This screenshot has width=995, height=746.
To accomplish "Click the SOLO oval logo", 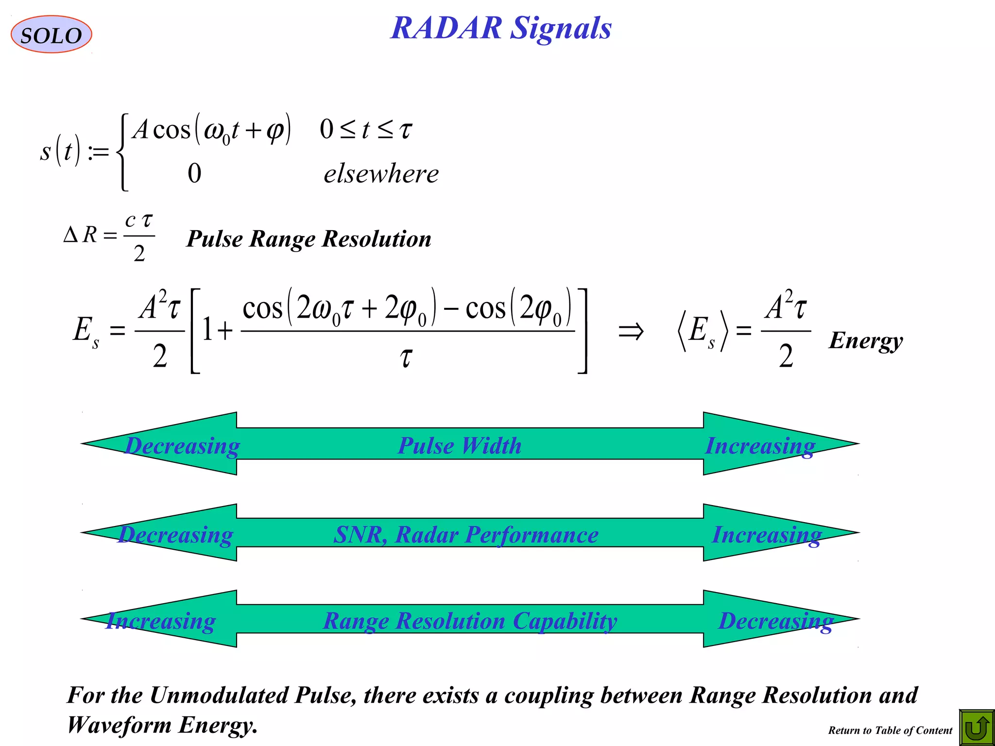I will (x=51, y=34).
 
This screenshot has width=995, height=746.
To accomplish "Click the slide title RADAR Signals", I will (x=501, y=28).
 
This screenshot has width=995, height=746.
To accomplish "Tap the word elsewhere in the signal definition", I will (x=381, y=174).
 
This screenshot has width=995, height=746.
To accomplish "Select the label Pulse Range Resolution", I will (x=309, y=239).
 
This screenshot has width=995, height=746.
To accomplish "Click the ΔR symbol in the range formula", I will (x=81, y=235).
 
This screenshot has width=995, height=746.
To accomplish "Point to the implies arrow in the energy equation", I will (x=631, y=332).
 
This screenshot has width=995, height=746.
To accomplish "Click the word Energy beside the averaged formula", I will (x=866, y=340).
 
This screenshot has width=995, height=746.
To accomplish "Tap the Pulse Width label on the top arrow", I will (x=460, y=445).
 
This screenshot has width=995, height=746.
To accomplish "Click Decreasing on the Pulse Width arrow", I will (x=182, y=445).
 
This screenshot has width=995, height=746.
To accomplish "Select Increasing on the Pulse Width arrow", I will (x=760, y=445).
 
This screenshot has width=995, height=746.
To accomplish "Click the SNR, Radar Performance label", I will (x=466, y=535).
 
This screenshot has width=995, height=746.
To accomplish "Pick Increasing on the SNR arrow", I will (x=767, y=535).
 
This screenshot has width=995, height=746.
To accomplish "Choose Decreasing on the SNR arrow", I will (x=175, y=535).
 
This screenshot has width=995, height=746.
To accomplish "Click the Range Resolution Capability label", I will (x=470, y=621).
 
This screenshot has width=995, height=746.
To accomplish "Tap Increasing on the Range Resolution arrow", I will (x=161, y=621).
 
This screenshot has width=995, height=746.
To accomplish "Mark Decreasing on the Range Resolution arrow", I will (x=775, y=621).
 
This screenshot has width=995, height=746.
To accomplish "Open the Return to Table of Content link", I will (x=890, y=730).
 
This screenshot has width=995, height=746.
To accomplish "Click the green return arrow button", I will (x=976, y=728).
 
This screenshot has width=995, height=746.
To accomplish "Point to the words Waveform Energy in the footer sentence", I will (x=162, y=725).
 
